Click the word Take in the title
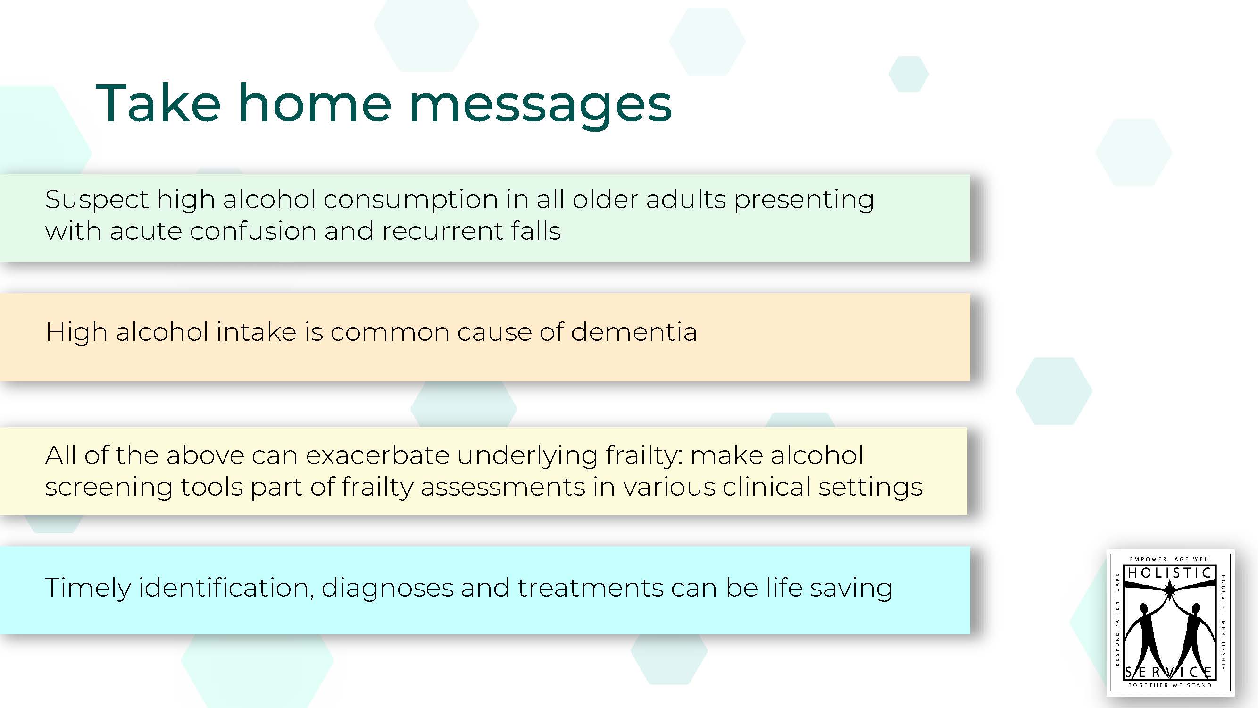(158, 103)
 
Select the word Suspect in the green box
(96, 200)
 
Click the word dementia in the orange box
(633, 332)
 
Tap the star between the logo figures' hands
(1169, 591)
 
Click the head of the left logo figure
(1144, 609)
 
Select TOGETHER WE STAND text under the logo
(1170, 685)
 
